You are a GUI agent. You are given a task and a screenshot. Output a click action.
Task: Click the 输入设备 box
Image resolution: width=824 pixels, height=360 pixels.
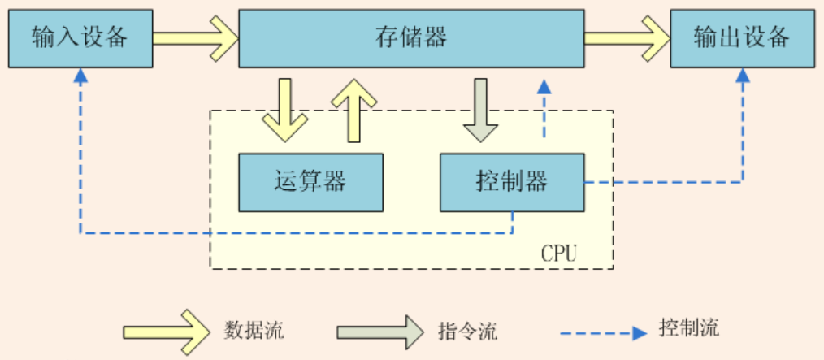pyautogui.click(x=80, y=37)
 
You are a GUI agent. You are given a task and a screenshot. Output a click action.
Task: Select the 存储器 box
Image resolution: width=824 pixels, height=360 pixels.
pyautogui.click(x=411, y=37)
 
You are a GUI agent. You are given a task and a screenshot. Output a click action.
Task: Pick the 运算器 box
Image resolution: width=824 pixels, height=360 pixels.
pyautogui.click(x=310, y=180)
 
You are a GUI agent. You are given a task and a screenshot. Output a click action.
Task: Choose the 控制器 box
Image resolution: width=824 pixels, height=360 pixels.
pyautogui.click(x=512, y=180)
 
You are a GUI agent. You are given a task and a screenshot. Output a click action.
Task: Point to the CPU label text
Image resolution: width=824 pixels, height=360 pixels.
pyautogui.click(x=559, y=254)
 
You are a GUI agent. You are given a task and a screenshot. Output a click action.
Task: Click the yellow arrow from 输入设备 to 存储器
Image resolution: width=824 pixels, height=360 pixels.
pyautogui.click(x=195, y=37)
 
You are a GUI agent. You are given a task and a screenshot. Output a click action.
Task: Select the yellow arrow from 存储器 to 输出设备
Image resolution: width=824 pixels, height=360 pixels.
pyautogui.click(x=627, y=37)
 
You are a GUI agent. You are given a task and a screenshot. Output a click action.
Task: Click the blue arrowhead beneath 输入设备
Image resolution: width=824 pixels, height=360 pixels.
pyautogui.click(x=80, y=76)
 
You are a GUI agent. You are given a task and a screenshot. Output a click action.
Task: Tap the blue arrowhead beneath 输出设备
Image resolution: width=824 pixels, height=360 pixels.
pyautogui.click(x=742, y=76)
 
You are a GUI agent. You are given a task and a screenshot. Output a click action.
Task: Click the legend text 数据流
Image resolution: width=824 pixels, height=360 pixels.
pyautogui.click(x=254, y=331)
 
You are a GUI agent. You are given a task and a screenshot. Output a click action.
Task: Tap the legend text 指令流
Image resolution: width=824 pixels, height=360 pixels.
pyautogui.click(x=467, y=332)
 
